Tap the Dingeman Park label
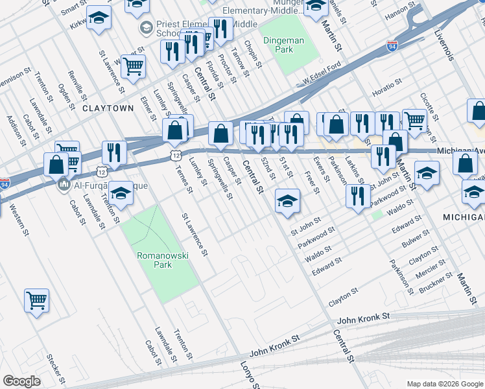pyautogui.click(x=286, y=45)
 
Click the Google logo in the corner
pyautogui.click(x=21, y=381)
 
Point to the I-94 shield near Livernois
pyautogui.click(x=392, y=46)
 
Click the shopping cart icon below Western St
pyautogui.click(x=36, y=300)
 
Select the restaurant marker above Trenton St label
pyautogui.click(x=115, y=152)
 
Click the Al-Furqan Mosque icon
pyautogui.click(x=64, y=185)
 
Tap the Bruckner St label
pyautogui.click(x=436, y=285)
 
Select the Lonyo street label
pyautogui.click(x=252, y=375)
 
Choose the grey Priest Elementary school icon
pyautogui.click(x=147, y=28)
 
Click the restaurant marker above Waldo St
pyautogui.click(x=357, y=195)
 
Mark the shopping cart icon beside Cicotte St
pyautogui.click(x=414, y=119)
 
